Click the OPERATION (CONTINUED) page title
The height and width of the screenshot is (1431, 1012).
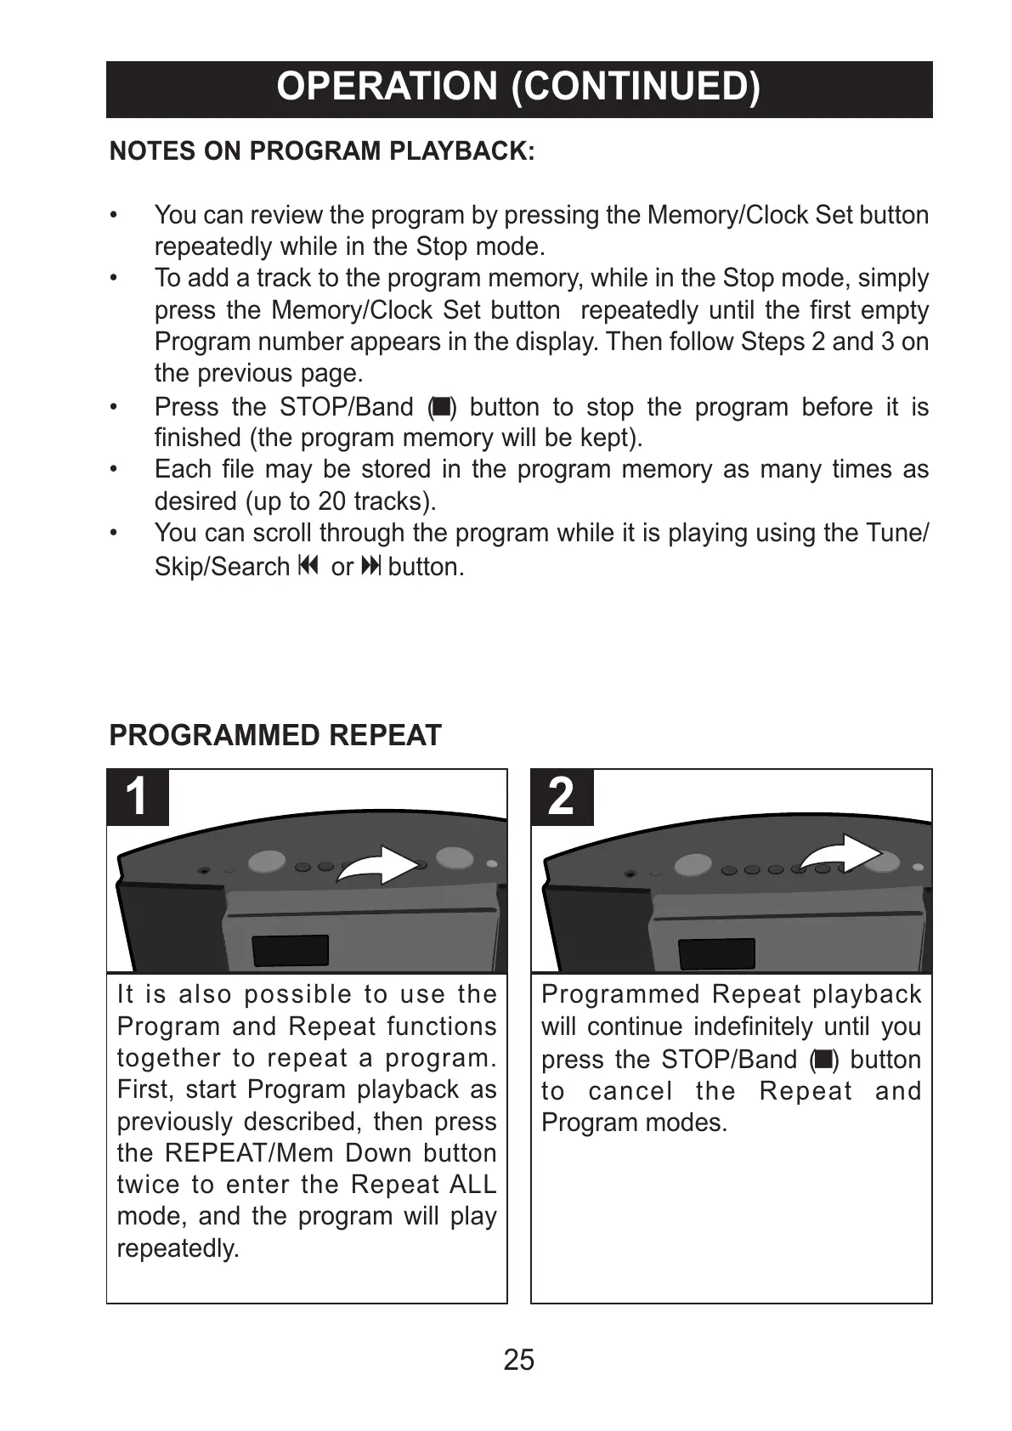[518, 88]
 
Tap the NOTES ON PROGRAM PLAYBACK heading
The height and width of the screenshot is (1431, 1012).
[322, 151]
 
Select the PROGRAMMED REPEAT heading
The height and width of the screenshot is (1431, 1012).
[275, 735]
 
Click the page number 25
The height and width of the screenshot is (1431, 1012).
[518, 1360]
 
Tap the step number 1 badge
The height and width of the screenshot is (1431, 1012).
[137, 797]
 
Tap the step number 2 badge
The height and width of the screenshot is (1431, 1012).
[561, 797]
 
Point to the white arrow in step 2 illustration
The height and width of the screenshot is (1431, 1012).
[841, 854]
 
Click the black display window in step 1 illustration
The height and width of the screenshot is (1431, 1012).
[291, 950]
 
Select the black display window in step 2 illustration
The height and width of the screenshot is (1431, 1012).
[716, 953]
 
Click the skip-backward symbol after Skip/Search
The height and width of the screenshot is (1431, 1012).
[308, 566]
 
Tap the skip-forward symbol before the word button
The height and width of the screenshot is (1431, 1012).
[371, 566]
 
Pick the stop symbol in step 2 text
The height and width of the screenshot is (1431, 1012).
[823, 1060]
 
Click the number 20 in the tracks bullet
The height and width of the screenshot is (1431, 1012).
[332, 501]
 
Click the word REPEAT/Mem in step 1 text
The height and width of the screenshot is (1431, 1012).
[246, 1153]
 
